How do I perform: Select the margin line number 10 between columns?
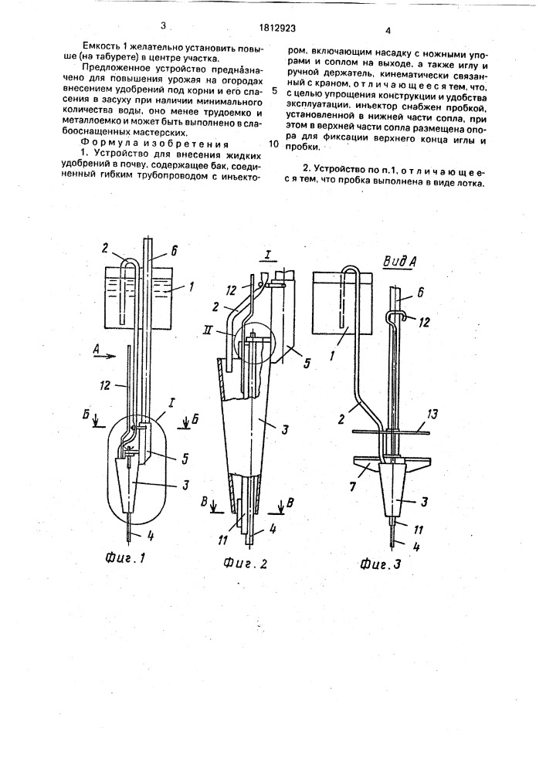coord(273,144)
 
